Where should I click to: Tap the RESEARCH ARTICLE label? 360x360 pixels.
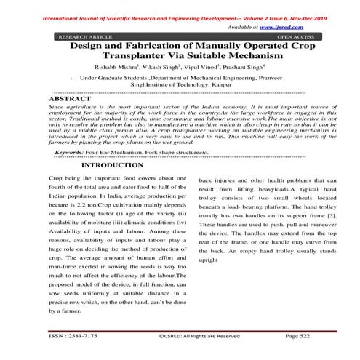[81, 35]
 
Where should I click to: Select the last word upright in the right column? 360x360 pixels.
[209, 259]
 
